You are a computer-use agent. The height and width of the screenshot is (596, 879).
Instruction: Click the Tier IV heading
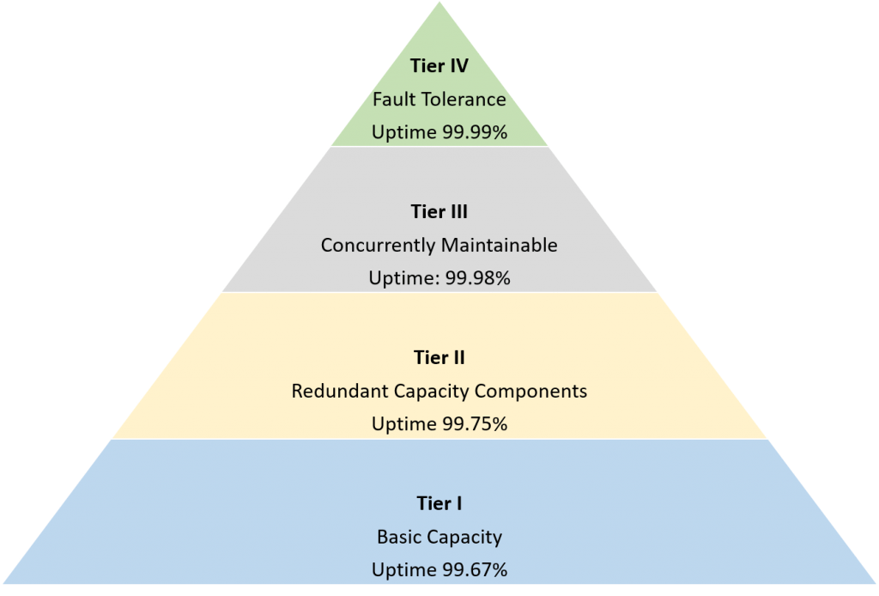[439, 66]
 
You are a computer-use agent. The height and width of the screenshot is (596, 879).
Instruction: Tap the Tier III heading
[439, 212]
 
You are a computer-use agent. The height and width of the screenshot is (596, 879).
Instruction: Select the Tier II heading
[439, 357]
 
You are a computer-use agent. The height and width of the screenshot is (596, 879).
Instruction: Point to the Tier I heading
[439, 504]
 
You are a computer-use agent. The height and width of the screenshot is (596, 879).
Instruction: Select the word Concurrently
[377, 246]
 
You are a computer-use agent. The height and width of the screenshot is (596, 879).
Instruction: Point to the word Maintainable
[499, 246]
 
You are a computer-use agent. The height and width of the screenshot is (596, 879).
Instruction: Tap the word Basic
[396, 538]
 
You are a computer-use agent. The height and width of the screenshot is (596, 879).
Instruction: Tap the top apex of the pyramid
[439, 3]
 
